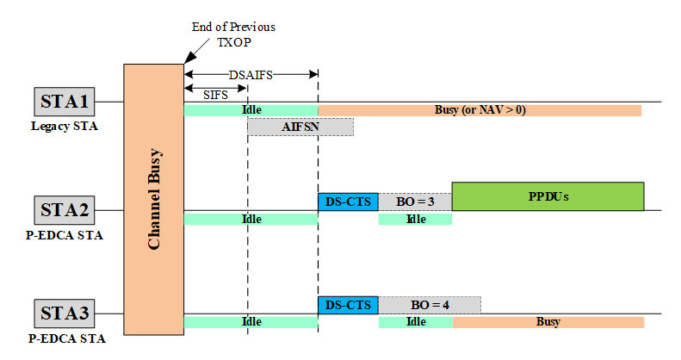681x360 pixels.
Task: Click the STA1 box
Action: (64, 102)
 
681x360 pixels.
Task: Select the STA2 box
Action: (64, 209)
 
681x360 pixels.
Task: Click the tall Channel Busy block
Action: (154, 197)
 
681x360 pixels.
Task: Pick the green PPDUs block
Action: (548, 196)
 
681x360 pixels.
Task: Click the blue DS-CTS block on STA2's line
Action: (348, 202)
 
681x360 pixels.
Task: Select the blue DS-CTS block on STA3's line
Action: (348, 305)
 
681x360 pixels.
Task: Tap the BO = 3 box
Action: (415, 202)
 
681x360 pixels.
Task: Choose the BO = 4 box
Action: (429, 305)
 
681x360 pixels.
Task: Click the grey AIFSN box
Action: (300, 127)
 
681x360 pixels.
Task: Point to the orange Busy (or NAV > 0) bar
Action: (480, 110)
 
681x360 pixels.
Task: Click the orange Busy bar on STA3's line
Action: (548, 322)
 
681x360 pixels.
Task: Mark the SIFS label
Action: (215, 95)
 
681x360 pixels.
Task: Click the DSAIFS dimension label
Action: (251, 75)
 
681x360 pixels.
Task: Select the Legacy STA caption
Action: (64, 127)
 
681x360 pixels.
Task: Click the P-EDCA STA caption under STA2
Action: (64, 234)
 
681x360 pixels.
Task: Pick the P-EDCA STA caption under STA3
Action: (64, 338)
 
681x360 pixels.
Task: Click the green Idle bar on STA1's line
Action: (251, 110)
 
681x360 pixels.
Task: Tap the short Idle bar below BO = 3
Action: (415, 219)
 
